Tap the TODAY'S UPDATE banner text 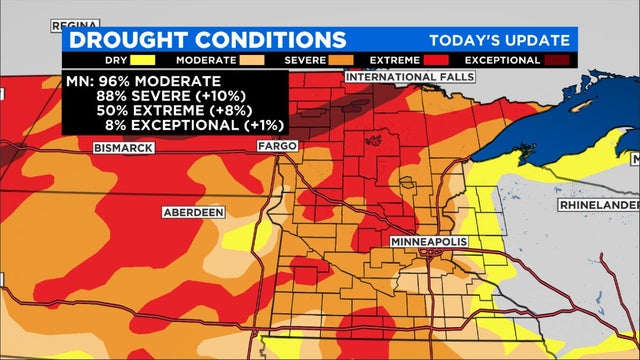499,40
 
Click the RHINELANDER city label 598,204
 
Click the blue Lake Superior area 560,110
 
